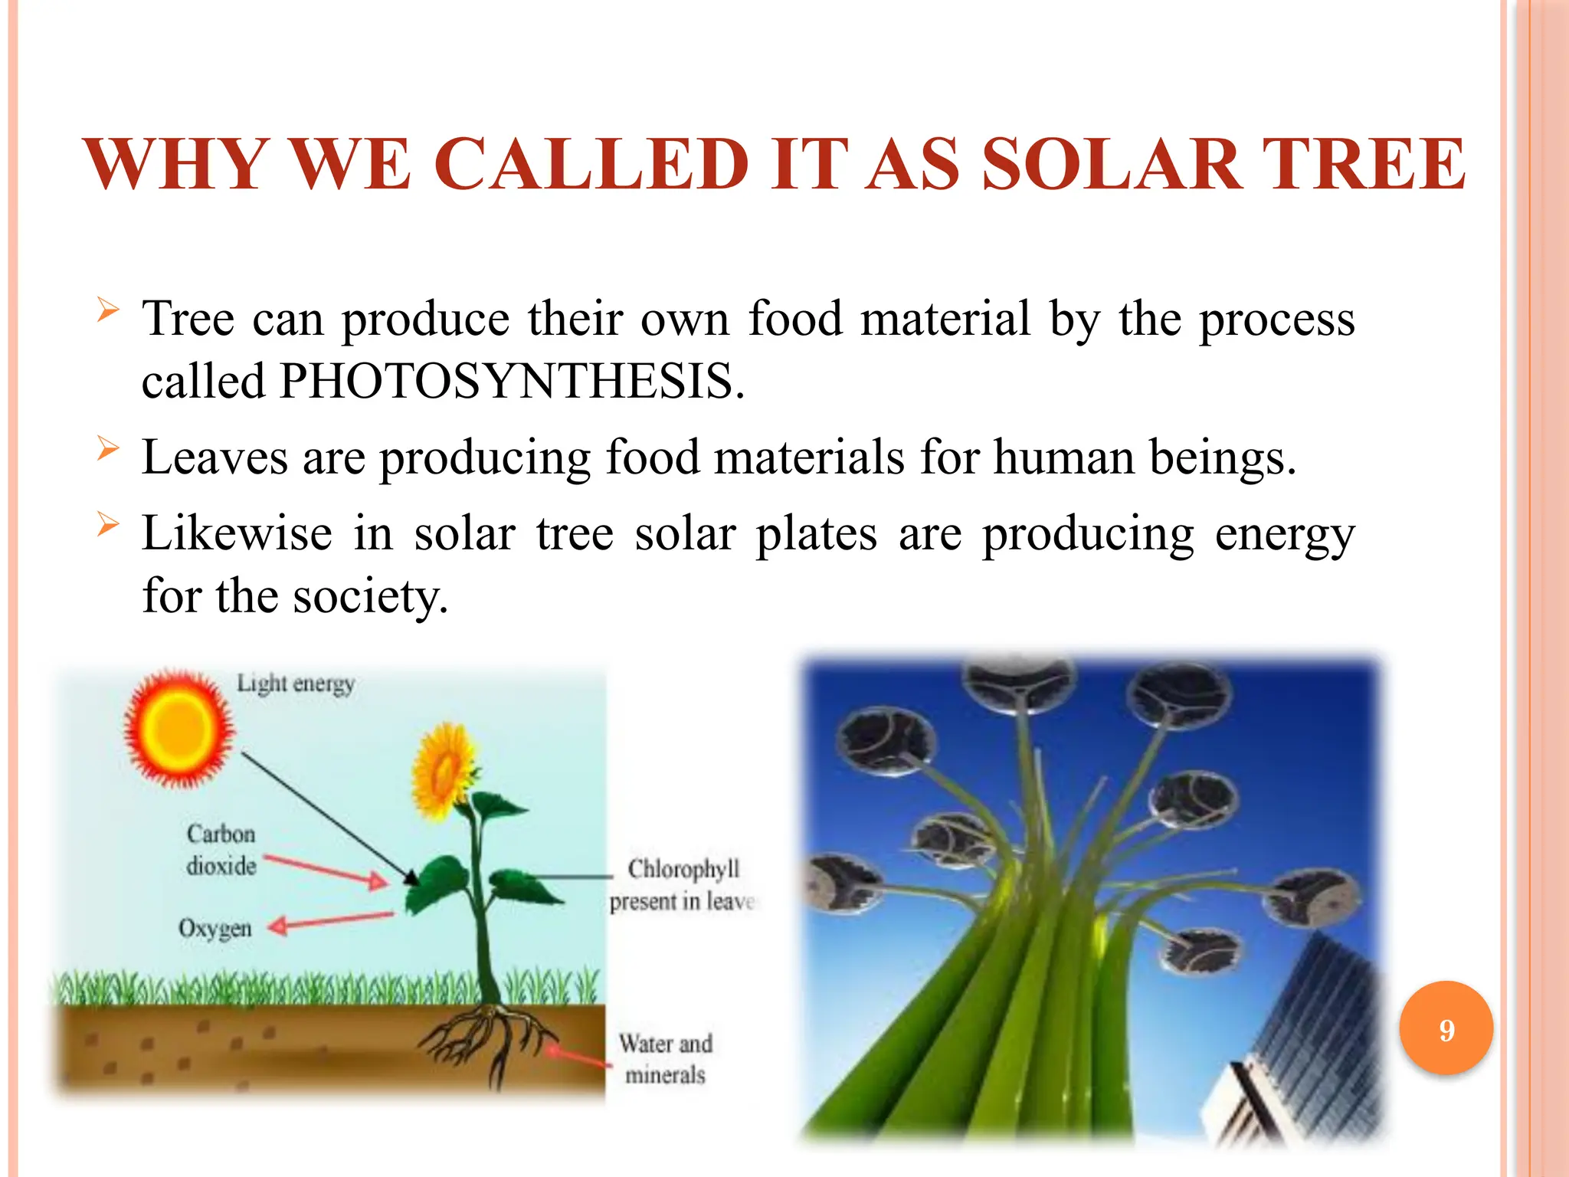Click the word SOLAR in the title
coord(1111,165)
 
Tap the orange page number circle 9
coord(1446,1028)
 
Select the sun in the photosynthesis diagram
coord(179,729)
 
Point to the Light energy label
coord(295,683)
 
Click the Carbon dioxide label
coord(221,850)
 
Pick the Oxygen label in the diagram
coord(215,928)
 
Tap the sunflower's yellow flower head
coord(443,769)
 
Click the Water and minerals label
coord(665,1059)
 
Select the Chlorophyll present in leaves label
coord(682,885)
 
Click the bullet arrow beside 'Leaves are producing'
coord(108,448)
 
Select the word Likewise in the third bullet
coord(236,533)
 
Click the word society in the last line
coord(368,596)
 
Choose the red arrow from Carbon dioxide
coord(326,870)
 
